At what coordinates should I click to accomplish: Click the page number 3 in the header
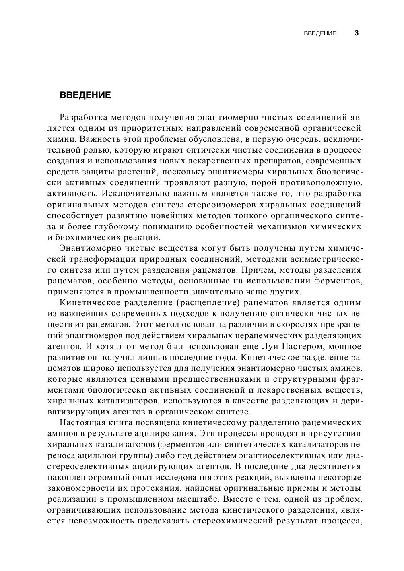pos(356,33)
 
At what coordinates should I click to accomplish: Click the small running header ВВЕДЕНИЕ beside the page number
pos(320,33)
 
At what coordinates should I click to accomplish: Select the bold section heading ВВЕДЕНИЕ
pos(85,95)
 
